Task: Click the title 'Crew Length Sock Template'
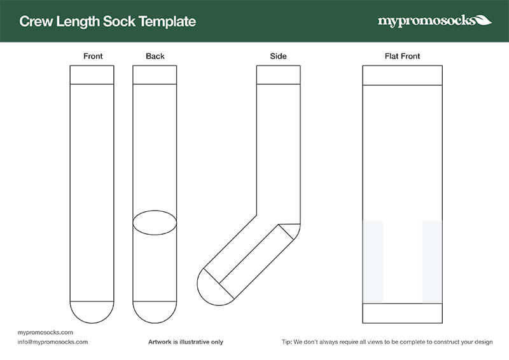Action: (108, 22)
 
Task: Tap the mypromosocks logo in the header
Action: (434, 21)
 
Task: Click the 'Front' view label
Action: (93, 57)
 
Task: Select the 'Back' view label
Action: (155, 57)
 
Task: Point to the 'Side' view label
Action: (278, 57)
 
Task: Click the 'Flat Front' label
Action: (402, 57)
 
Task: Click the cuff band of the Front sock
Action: (92, 74)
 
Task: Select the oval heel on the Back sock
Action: (155, 222)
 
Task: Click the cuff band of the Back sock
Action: (155, 74)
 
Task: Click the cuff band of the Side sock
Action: (278, 74)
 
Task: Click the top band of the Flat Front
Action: (402, 74)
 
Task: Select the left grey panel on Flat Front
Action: (373, 261)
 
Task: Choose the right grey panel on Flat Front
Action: (432, 261)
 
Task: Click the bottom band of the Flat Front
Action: (402, 312)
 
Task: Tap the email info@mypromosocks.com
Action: (53, 342)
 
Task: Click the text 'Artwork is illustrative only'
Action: (186, 342)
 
